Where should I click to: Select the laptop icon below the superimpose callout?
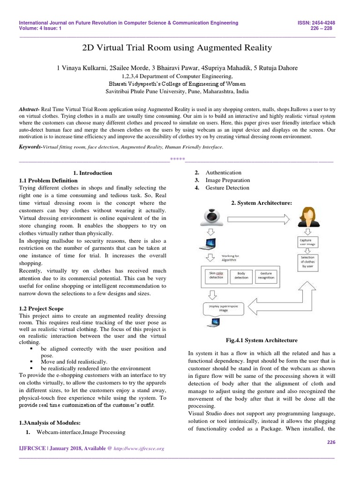point(215,322)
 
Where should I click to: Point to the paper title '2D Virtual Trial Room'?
point(177,48)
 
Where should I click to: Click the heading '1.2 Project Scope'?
point(41,309)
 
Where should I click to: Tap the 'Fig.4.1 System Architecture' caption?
point(262,340)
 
